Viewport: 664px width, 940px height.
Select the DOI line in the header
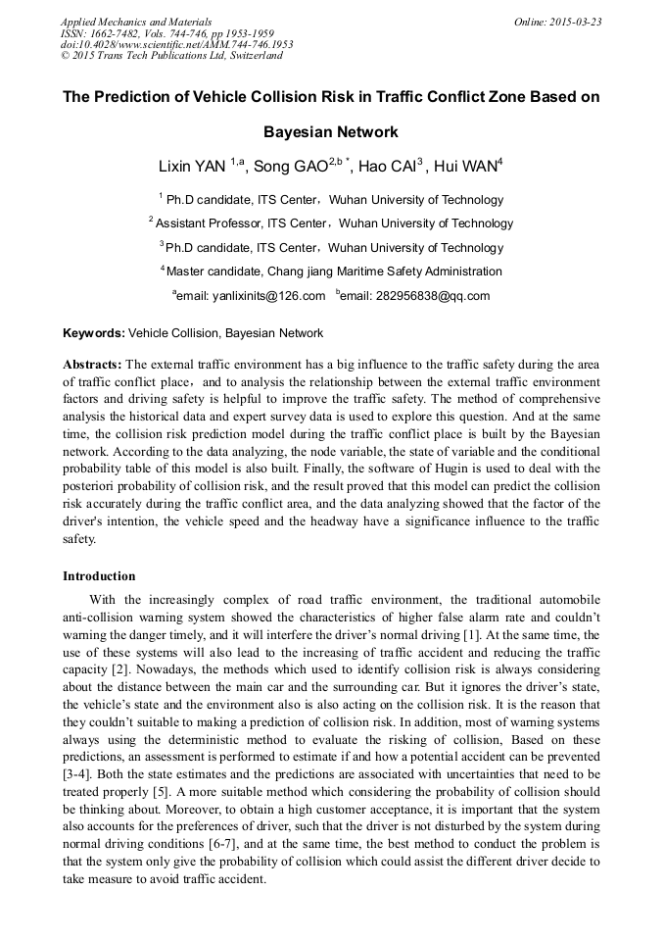pyautogui.click(x=177, y=44)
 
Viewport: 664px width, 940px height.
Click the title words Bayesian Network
pyautogui.click(x=331, y=131)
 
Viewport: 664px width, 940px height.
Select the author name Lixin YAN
pyautogui.click(x=193, y=167)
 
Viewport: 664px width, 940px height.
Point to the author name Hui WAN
pyautogui.click(x=465, y=167)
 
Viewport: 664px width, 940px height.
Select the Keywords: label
pyautogui.click(x=94, y=333)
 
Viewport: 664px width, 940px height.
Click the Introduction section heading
pyautogui.click(x=99, y=575)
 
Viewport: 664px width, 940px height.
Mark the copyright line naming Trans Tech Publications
pyautogui.click(x=171, y=56)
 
